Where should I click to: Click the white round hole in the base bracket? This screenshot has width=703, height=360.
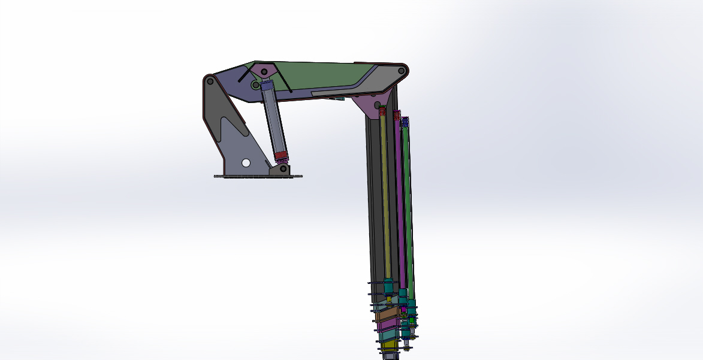[x=246, y=162]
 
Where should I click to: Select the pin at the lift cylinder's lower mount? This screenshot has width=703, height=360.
[x=282, y=169]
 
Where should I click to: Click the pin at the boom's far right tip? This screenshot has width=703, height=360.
[x=401, y=71]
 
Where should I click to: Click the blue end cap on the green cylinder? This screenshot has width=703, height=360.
[x=405, y=122]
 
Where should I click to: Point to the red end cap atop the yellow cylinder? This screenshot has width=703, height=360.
[x=383, y=112]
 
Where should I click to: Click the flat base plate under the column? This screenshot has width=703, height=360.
[x=258, y=176]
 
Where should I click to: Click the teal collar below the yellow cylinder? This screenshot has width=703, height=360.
[x=388, y=286]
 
